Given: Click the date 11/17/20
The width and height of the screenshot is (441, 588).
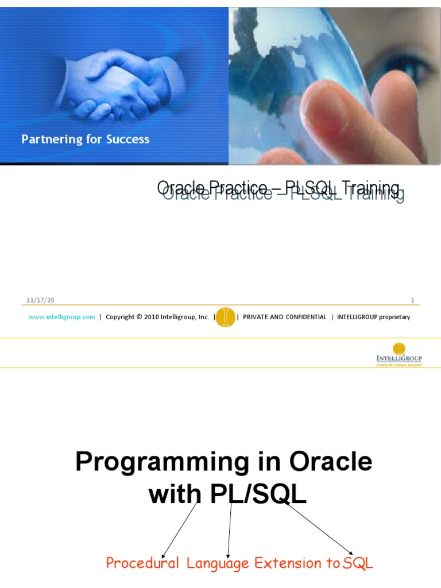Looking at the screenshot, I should (x=40, y=300).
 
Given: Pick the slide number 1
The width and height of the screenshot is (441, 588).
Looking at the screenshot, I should (x=412, y=300).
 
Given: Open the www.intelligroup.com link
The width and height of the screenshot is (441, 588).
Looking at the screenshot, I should (x=61, y=317).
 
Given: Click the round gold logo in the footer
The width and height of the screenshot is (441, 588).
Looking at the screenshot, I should (x=225, y=317).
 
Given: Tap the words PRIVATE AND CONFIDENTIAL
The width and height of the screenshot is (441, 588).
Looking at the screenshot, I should (x=284, y=317).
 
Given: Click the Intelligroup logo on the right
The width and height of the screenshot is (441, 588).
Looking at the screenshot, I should (x=399, y=354).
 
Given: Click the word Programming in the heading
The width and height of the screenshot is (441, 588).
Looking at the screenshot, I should (x=151, y=462).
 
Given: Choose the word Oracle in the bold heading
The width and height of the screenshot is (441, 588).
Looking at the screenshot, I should (x=331, y=461).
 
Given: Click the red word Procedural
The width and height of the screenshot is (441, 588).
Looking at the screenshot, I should (x=142, y=563).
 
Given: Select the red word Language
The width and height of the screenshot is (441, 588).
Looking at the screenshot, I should (x=218, y=563).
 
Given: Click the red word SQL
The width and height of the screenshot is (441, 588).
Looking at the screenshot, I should (x=358, y=563).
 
